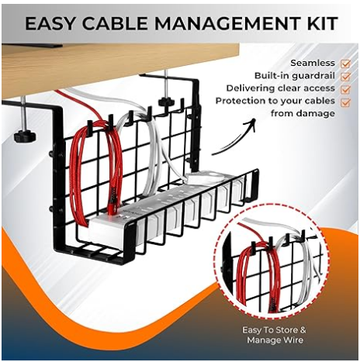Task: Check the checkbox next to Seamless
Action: click(345, 64)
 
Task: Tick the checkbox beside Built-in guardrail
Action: click(345, 77)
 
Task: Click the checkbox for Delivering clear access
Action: click(345, 89)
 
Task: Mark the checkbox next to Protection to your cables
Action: click(345, 102)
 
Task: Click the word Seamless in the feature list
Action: click(313, 63)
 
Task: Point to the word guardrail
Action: click(313, 76)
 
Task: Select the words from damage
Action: click(303, 113)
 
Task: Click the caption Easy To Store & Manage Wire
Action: click(274, 335)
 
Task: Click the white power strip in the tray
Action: click(165, 207)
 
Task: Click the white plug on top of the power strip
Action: click(204, 177)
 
